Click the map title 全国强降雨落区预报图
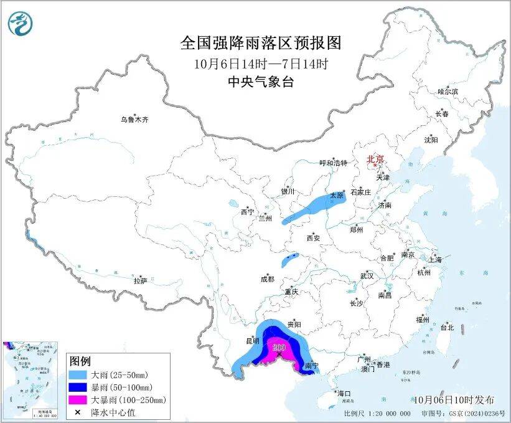pyautogui.click(x=261, y=43)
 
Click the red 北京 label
pyautogui.click(x=376, y=159)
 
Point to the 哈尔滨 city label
pyautogui.click(x=448, y=92)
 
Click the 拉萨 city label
pyautogui.click(x=139, y=281)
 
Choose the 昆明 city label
pyautogui.click(x=251, y=342)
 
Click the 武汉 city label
pyautogui.click(x=367, y=275)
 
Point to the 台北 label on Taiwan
pyautogui.click(x=447, y=327)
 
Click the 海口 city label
pyautogui.click(x=344, y=393)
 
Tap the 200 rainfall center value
pyautogui.click(x=279, y=347)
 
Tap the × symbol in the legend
pyautogui.click(x=78, y=411)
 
